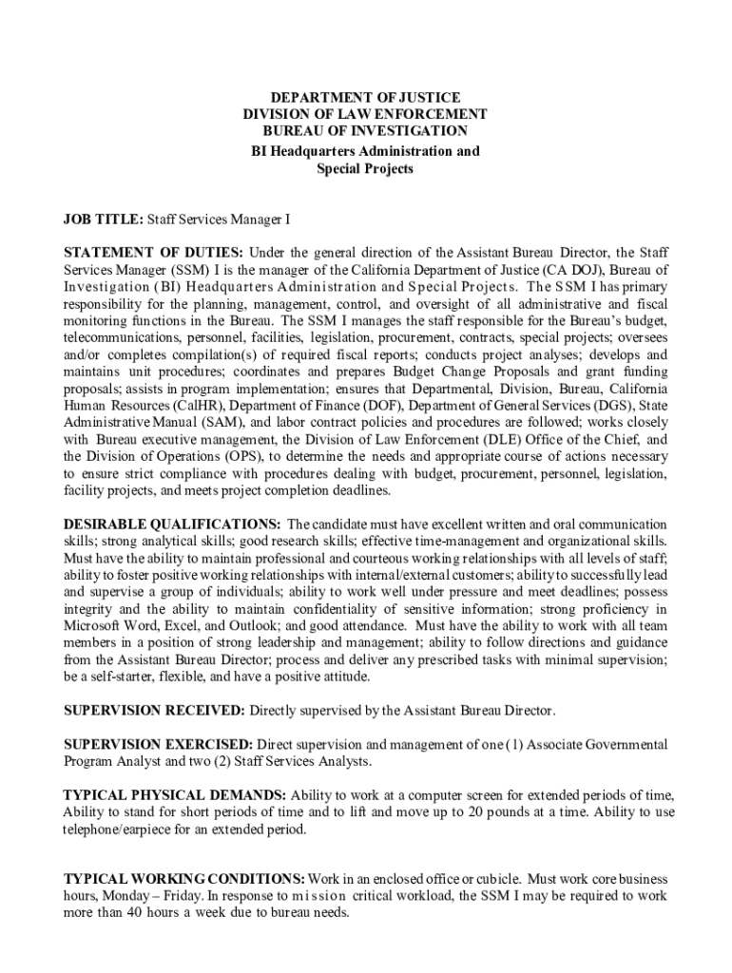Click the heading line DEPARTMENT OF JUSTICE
coord(365,98)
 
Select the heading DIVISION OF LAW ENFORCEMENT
coord(365,114)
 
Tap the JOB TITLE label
coord(103,219)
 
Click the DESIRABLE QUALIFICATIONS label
coord(171,525)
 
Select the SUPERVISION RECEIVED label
coord(154,711)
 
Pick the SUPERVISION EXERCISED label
coord(158,744)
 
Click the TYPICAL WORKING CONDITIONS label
coord(183,879)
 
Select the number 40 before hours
coord(125,913)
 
